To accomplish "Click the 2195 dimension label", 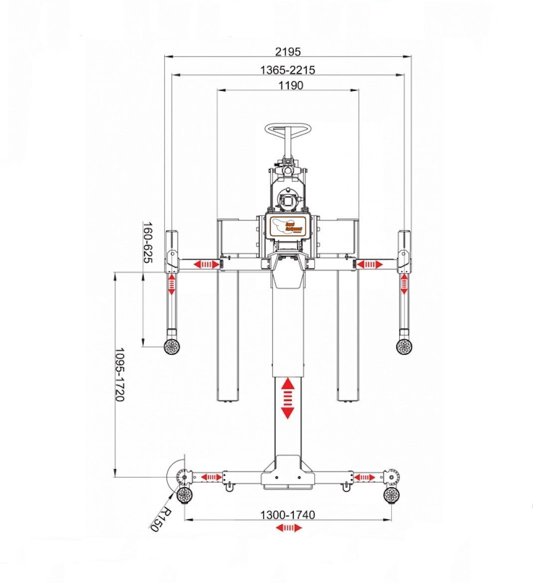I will [x=288, y=51].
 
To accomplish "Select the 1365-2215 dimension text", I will [x=288, y=70].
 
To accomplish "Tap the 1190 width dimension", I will [x=291, y=85].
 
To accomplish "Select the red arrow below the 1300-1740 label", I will [x=290, y=528].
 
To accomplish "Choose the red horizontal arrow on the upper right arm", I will [x=370, y=264].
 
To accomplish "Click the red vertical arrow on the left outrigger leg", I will [x=172, y=284].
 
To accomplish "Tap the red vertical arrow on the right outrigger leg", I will [x=404, y=284].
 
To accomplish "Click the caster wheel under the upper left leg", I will [x=173, y=347].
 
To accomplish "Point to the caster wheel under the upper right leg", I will [x=404, y=346].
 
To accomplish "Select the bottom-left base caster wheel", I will [x=185, y=495].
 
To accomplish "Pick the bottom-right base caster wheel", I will [x=392, y=495].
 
